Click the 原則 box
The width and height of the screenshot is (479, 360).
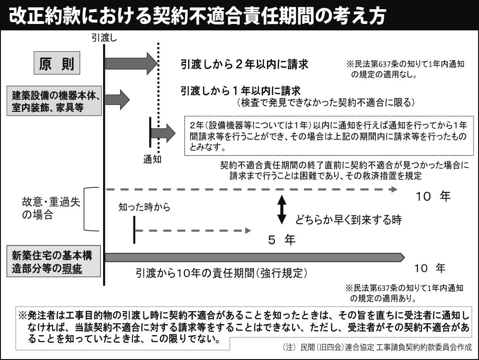pos(57,63)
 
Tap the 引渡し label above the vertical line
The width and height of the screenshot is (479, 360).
pos(104,38)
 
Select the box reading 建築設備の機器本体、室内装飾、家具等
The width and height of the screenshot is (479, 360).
pos(54,101)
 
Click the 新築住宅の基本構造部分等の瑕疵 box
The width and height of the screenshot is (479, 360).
pos(54,261)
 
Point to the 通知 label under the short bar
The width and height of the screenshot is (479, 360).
pos(152,159)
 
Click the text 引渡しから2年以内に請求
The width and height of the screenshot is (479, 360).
pos(244,64)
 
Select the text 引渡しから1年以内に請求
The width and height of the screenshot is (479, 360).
pos(241,91)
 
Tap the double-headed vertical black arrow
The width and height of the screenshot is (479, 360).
pos(282,209)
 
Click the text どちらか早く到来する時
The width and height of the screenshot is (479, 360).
pos(348,220)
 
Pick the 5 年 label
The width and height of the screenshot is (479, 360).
pos(282,240)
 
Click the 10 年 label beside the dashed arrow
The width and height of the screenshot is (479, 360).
pos(433,196)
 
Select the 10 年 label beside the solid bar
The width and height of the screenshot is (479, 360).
pos(430,268)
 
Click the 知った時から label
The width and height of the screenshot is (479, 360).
pos(144,207)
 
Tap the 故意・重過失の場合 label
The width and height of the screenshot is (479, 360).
pos(51,208)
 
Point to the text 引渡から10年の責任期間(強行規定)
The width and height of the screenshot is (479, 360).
pos(221,273)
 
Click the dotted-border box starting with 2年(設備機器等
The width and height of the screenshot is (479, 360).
pos(329,136)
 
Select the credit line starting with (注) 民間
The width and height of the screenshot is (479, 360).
pos(378,347)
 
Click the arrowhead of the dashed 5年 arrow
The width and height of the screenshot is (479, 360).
pos(248,231)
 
